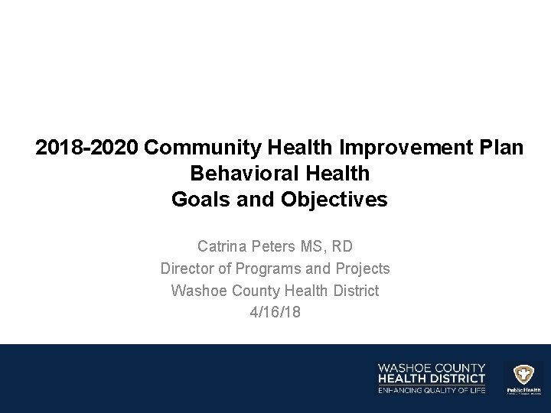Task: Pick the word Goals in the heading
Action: click(x=197, y=200)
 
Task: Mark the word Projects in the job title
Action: click(x=363, y=269)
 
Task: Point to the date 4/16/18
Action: click(x=275, y=313)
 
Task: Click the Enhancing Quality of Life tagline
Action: click(x=432, y=391)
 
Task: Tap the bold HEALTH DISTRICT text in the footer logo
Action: click(x=432, y=379)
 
